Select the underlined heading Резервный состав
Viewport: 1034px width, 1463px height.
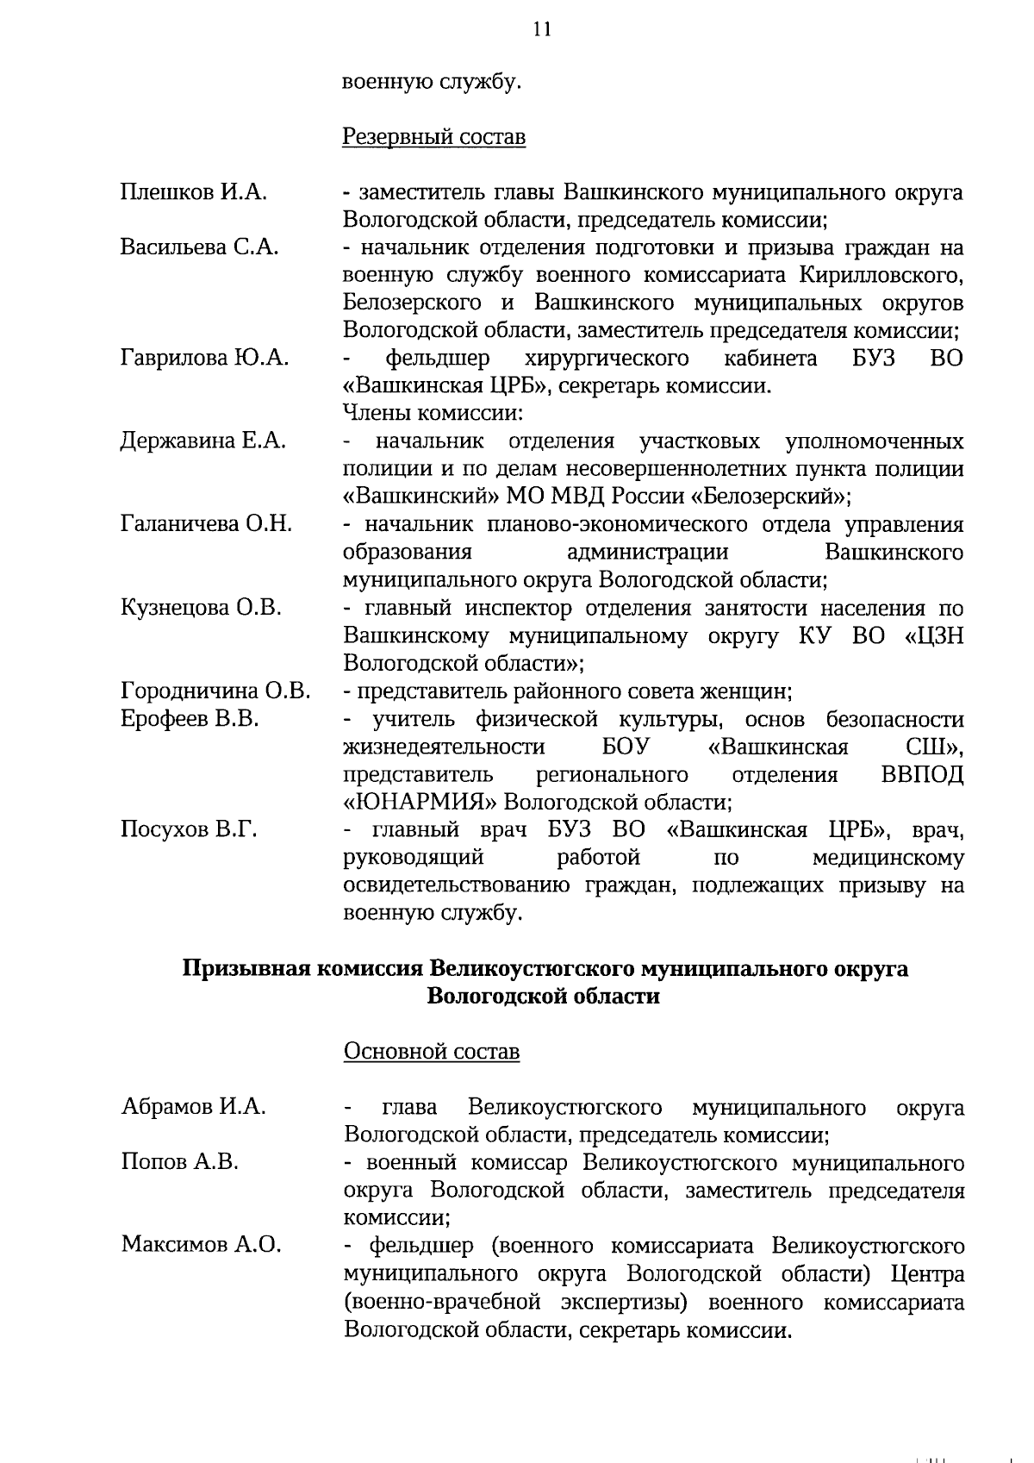pos(433,137)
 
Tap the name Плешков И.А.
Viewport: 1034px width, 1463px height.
pos(193,192)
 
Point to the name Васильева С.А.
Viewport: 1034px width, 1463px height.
pos(199,247)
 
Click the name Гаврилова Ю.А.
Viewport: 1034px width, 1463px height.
pos(204,358)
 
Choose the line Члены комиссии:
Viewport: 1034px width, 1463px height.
pos(433,413)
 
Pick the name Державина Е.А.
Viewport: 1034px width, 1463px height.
pos(202,441)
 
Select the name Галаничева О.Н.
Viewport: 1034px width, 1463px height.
pos(206,524)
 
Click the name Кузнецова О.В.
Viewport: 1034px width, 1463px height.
pos(201,608)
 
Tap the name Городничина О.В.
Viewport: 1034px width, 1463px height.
pos(215,691)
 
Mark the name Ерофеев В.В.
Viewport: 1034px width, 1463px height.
pos(190,718)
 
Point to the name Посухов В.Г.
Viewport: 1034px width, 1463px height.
pos(189,830)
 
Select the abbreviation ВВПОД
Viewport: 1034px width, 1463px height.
pos(923,774)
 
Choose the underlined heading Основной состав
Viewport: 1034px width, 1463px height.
pos(431,1052)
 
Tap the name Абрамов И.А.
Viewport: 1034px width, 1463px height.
pos(193,1106)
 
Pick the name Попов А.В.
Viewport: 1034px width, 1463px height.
pos(179,1162)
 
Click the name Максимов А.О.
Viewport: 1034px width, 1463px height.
pos(201,1245)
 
